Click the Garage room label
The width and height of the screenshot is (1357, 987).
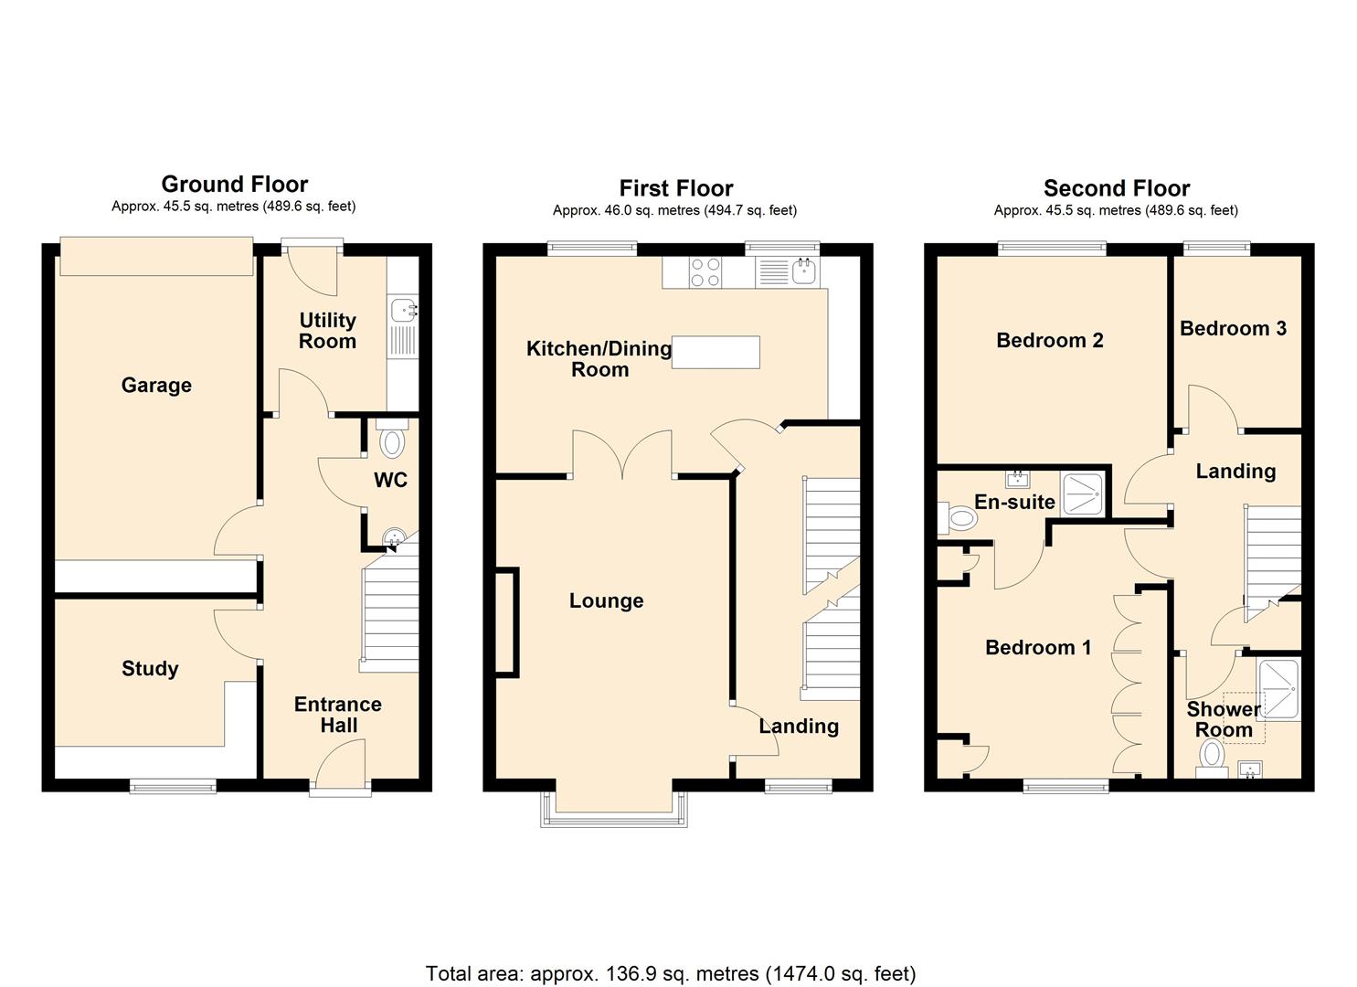click(156, 386)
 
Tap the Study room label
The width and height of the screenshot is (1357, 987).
click(150, 668)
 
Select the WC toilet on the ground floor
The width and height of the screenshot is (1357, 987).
click(392, 439)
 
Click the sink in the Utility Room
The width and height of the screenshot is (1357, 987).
click(403, 311)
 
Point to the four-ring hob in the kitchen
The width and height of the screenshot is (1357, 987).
click(705, 272)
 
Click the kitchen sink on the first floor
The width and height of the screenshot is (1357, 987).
click(804, 271)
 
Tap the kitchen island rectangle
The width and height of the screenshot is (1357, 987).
click(716, 352)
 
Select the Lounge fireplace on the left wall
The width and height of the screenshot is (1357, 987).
click(508, 621)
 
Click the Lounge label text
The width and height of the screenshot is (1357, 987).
click(607, 601)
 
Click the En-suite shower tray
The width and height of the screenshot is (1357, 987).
click(1083, 494)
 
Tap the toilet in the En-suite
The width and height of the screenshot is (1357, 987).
click(957, 518)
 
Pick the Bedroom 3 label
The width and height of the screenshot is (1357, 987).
click(1233, 328)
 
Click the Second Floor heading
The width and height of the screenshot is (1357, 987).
click(1117, 188)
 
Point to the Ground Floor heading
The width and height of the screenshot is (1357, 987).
click(235, 184)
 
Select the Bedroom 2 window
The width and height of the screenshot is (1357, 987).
click(1052, 247)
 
